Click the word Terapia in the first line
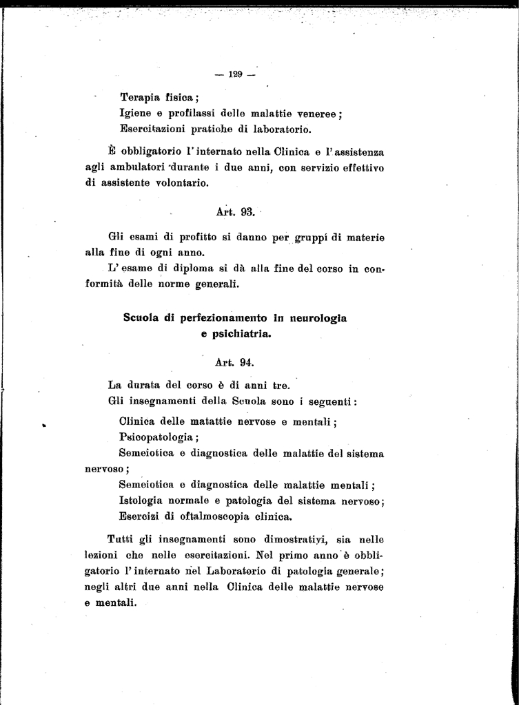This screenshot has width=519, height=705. point(140,98)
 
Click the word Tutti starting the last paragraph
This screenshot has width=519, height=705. point(123,539)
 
